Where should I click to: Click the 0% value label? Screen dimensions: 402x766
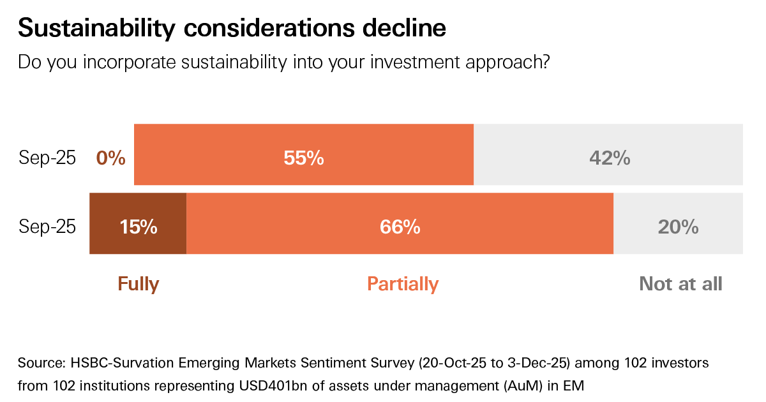tap(110, 158)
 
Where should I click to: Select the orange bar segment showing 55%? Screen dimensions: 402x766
tap(304, 154)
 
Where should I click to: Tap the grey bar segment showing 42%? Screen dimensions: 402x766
tap(608, 154)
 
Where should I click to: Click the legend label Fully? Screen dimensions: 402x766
tap(138, 284)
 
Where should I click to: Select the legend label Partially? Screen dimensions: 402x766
tap(403, 284)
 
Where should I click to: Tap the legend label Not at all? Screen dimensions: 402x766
tap(680, 284)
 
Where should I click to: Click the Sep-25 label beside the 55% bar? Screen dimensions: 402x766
tap(47, 158)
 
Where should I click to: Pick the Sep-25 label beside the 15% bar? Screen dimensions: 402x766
tap(47, 227)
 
